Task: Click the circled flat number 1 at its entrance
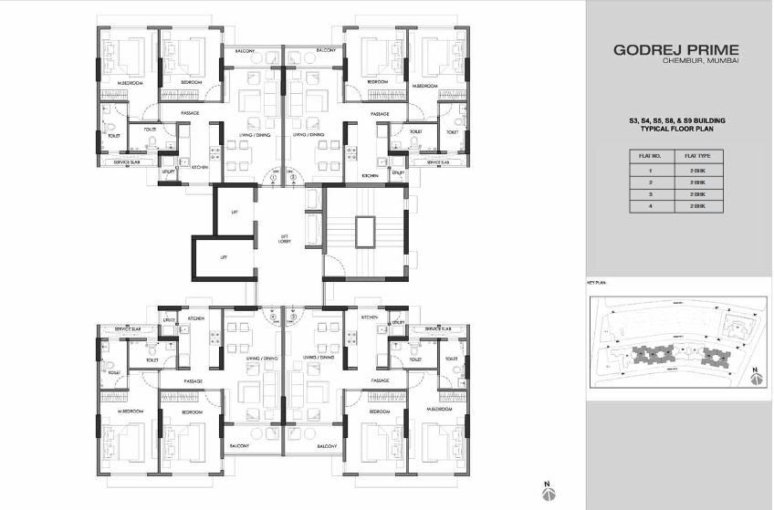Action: [x=273, y=176]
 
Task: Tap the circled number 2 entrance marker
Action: [x=296, y=176]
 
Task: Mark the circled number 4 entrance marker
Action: [x=273, y=317]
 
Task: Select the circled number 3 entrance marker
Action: [x=296, y=317]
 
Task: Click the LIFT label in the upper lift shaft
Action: [x=235, y=212]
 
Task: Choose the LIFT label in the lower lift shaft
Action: [x=224, y=257]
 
